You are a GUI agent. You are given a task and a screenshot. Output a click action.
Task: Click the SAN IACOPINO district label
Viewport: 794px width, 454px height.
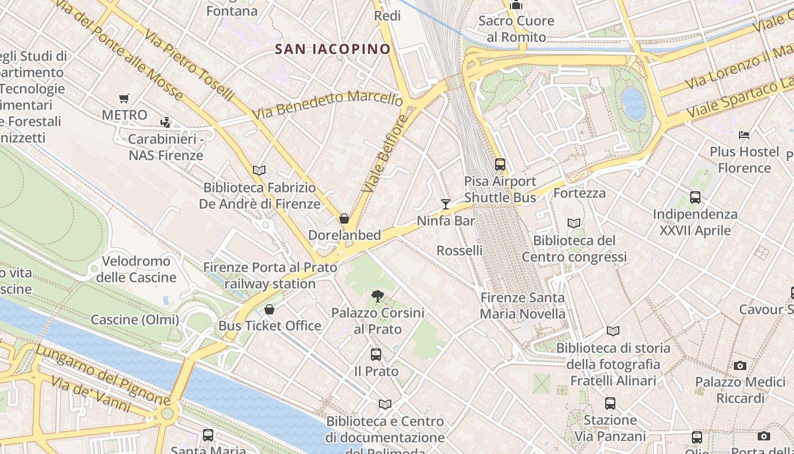(333, 49)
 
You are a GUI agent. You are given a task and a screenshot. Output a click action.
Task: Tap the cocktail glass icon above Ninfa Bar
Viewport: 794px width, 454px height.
(446, 204)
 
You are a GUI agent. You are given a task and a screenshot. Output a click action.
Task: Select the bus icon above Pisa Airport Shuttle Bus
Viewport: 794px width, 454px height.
(500, 165)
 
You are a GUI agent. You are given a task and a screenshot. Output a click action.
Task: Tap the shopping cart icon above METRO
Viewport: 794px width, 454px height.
(124, 99)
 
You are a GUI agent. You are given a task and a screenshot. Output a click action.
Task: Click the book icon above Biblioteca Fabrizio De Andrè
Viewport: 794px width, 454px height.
(259, 170)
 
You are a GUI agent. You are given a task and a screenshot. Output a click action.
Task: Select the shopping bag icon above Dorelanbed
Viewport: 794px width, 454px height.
(344, 219)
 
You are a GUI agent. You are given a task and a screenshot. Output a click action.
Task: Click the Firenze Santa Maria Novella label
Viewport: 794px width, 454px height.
(522, 305)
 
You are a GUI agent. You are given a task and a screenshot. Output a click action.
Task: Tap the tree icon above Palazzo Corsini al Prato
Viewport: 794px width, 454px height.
(377, 296)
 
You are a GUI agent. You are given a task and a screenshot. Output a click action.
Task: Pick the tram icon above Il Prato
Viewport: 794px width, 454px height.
(375, 355)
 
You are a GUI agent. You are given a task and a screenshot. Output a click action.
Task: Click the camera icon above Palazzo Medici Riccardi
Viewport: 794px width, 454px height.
(740, 366)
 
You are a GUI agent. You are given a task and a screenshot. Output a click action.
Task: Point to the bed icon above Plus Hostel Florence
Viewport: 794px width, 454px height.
(744, 135)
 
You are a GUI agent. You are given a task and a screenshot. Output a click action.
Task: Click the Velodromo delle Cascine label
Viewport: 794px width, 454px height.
(136, 269)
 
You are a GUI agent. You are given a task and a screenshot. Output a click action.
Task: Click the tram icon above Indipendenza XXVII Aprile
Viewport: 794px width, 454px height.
(695, 197)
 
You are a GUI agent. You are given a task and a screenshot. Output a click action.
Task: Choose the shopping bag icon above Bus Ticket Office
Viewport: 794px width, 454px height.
(269, 309)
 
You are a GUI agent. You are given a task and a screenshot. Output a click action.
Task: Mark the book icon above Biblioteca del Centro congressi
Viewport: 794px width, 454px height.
(574, 224)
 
